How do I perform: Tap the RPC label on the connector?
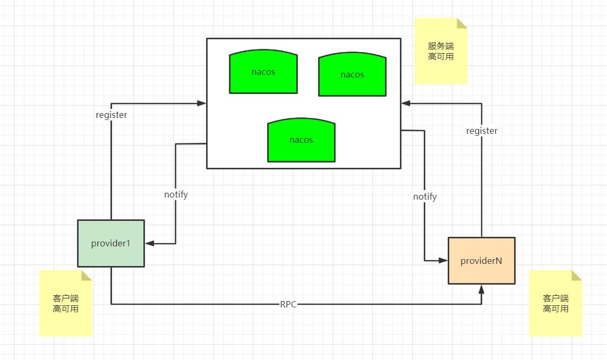pos(288,304)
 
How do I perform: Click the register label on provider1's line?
pos(112,115)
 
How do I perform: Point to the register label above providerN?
pos(482,131)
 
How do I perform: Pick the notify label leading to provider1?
pos(176,194)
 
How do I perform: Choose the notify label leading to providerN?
pos(425,196)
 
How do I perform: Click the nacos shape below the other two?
pos(301,141)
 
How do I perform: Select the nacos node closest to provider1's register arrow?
pos(263,72)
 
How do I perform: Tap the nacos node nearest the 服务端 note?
pos(352,75)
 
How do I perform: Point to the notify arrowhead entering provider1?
pos(149,244)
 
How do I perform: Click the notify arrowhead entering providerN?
pos(443,261)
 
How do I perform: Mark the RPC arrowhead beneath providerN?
pos(482,289)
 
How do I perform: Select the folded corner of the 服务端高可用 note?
pos(461,23)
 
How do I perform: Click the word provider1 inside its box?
pos(110,243)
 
